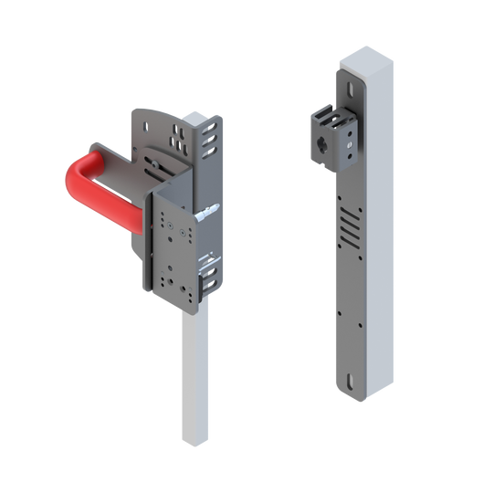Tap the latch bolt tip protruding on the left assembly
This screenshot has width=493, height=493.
coord(213,211)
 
